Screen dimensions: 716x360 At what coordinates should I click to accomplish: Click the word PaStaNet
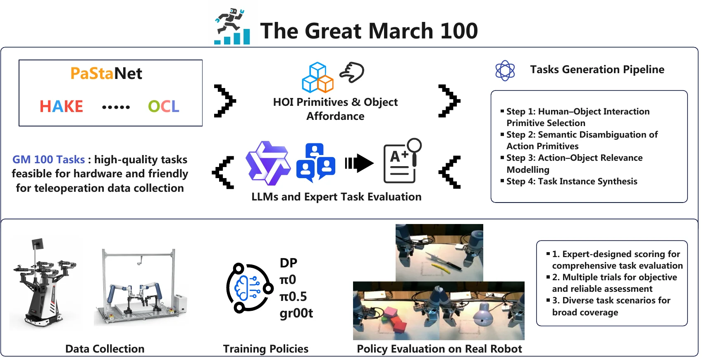pos(106,74)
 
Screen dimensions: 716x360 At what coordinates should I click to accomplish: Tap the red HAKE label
pos(61,107)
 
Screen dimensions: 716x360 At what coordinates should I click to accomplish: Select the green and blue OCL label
pos(164,107)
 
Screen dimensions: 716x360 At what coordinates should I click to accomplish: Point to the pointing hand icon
pos(352,72)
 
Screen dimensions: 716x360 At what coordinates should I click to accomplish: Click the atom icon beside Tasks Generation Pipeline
pos(505,70)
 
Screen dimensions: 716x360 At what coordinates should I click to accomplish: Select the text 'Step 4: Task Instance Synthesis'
pos(572,181)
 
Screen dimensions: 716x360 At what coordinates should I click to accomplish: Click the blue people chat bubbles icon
pos(316,162)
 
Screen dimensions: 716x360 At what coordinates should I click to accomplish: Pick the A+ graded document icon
pos(402,161)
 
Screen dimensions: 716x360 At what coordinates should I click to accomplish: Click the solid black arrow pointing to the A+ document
pos(359,163)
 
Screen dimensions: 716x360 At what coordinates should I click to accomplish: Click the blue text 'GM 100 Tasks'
pos(49,160)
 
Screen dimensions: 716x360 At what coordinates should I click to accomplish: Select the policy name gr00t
pos(296,313)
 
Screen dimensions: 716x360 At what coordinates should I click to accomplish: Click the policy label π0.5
pos(293,297)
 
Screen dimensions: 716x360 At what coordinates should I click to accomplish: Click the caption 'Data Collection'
pos(105,349)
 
